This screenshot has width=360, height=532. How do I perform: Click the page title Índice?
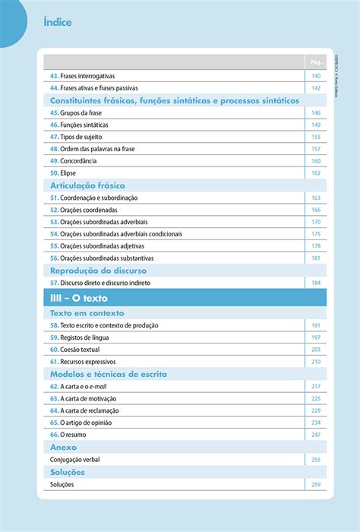(58, 22)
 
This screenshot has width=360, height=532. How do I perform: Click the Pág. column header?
(316, 62)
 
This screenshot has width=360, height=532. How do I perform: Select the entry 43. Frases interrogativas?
(82, 76)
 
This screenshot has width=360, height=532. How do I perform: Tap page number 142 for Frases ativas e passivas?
(316, 88)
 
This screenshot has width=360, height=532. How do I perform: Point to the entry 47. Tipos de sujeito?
(77, 137)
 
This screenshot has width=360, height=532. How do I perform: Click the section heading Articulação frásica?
(87, 185)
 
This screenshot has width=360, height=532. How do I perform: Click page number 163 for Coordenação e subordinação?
(316, 198)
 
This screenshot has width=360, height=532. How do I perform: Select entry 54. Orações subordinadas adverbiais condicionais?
(116, 234)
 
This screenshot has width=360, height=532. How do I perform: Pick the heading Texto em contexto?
(87, 313)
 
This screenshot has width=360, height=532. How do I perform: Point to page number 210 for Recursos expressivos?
(316, 362)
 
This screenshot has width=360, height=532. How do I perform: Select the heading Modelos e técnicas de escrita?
(109, 374)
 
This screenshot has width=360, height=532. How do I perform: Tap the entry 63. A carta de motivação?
(84, 398)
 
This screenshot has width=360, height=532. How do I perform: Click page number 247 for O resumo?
(316, 435)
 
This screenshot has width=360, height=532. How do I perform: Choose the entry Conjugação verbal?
(74, 460)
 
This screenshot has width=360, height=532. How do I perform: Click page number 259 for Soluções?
(316, 485)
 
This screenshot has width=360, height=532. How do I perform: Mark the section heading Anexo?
(64, 448)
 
